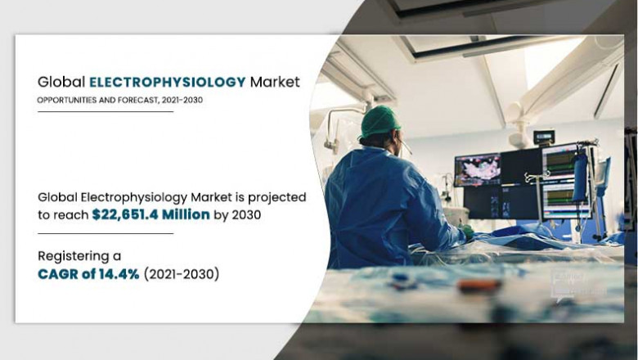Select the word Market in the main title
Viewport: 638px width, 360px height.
[x=275, y=82]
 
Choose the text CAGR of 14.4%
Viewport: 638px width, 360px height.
[x=88, y=275]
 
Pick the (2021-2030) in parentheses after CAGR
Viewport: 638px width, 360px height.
[x=181, y=275]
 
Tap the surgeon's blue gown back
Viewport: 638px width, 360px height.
[x=376, y=205]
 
